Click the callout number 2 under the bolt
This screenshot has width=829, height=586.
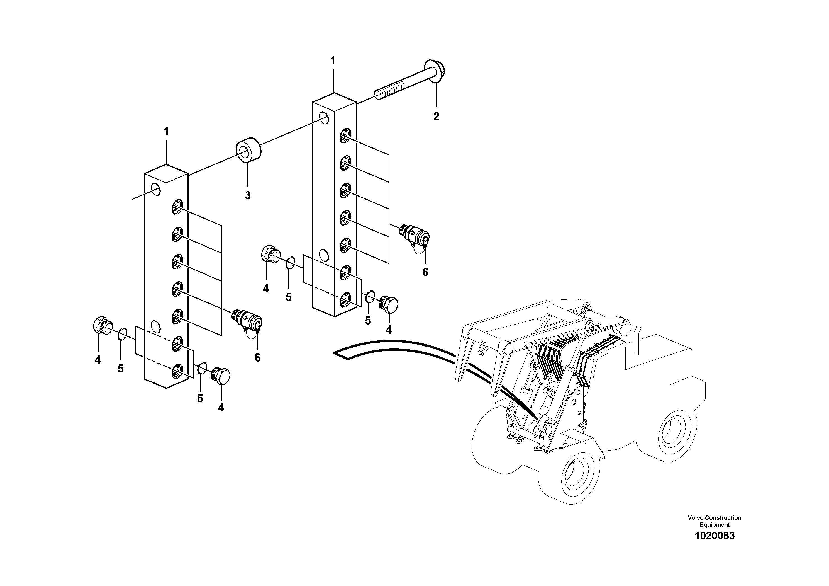pos(436,117)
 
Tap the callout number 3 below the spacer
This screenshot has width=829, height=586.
pos(247,195)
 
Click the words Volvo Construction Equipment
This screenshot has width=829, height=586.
pos(715,521)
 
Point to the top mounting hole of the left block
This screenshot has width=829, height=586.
pos(156,189)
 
